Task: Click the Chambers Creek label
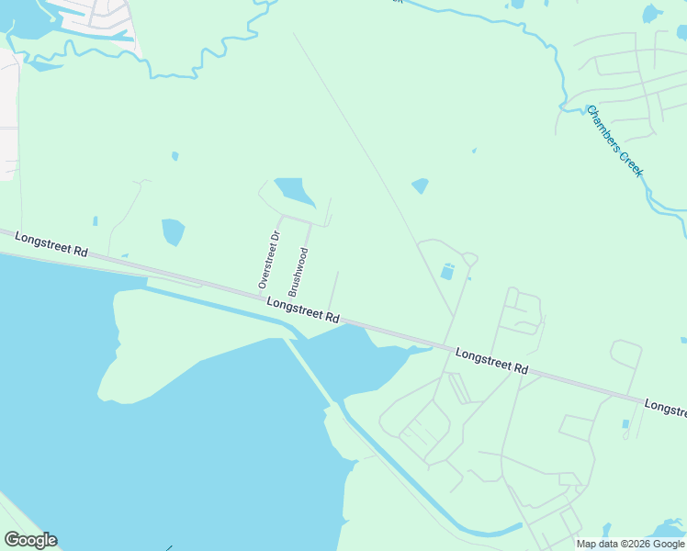click(615, 141)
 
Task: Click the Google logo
click(30, 540)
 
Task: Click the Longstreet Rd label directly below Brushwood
click(303, 309)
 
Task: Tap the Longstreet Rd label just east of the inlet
click(491, 360)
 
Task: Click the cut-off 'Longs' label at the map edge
click(665, 407)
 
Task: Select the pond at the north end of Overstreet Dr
click(294, 191)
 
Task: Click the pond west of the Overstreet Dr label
click(173, 231)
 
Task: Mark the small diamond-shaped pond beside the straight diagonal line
click(420, 186)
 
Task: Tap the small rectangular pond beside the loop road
click(447, 272)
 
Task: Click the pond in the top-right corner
click(652, 13)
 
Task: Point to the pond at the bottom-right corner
click(669, 530)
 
